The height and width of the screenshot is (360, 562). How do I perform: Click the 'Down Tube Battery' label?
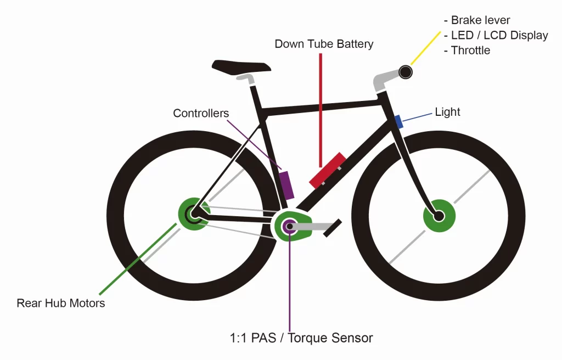click(x=324, y=44)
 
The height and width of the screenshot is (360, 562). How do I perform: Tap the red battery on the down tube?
click(x=327, y=171)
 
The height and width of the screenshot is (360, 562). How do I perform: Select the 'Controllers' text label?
click(x=200, y=114)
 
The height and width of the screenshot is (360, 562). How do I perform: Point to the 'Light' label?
click(x=447, y=113)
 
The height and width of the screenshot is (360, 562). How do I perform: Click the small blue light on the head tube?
click(x=399, y=122)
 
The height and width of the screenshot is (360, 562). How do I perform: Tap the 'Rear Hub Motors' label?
click(x=60, y=303)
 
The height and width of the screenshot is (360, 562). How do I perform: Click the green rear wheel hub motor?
click(x=194, y=214)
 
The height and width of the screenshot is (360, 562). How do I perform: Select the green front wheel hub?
click(x=439, y=216)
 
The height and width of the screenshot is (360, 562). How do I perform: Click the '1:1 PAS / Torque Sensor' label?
click(x=301, y=338)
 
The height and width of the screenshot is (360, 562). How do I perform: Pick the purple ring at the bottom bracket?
click(x=288, y=225)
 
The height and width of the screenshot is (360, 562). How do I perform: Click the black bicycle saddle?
click(x=241, y=66)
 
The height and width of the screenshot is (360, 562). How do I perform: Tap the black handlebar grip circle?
click(x=406, y=72)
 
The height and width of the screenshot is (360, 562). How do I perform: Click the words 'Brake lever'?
click(x=480, y=20)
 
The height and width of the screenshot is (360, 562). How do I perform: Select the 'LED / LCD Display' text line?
click(x=499, y=35)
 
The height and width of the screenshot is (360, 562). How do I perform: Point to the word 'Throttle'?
click(x=470, y=50)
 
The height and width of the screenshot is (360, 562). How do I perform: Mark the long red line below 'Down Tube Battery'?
click(x=321, y=110)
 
